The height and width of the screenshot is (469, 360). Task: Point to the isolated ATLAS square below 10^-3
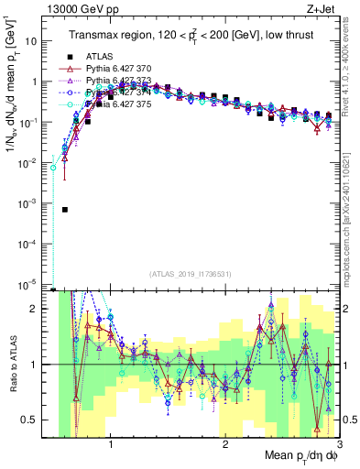pyautogui.click(x=65, y=210)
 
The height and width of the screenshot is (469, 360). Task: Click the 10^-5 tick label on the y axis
pyautogui.click(x=36, y=283)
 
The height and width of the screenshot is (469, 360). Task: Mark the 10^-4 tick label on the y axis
pyautogui.click(x=36, y=243)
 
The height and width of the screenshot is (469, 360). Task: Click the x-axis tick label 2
pyautogui.click(x=225, y=448)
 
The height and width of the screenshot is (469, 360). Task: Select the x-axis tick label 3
pyautogui.click(x=339, y=448)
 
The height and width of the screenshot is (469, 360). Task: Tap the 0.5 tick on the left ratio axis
pyautogui.click(x=38, y=420)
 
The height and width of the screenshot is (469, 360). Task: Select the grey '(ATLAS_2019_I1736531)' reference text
pyautogui.click(x=191, y=274)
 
